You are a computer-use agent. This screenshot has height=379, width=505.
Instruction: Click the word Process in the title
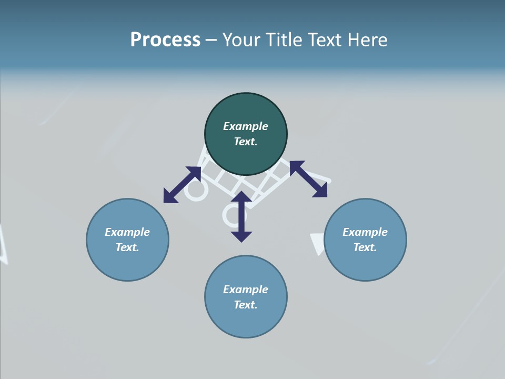(165, 40)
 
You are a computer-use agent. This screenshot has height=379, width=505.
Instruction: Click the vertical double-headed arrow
(241, 216)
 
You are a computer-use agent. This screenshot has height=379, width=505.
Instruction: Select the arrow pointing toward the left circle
(182, 185)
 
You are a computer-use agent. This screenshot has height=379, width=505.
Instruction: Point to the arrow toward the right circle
(308, 179)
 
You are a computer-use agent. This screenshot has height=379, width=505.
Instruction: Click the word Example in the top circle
(246, 126)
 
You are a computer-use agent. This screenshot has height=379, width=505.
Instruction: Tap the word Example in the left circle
(127, 232)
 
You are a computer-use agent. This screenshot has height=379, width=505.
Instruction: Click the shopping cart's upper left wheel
(196, 191)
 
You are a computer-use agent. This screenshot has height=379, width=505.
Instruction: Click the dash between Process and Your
(211, 40)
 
